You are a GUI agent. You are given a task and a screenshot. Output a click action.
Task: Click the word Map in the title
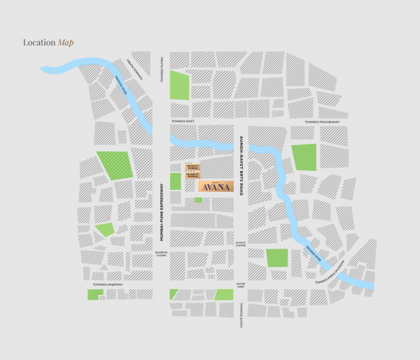coord(66,43)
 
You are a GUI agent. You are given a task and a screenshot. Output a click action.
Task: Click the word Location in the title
coord(39,43)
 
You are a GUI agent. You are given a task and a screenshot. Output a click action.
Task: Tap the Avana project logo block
coord(211,187)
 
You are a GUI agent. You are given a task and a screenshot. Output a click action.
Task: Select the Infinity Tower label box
coord(193,167)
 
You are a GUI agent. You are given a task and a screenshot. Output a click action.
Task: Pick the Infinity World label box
coord(193,176)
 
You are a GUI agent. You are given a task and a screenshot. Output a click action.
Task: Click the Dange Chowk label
coord(240,244)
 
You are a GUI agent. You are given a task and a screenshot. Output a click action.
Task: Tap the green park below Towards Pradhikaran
coord(304,157)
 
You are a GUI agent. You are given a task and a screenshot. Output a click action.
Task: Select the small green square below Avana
coord(198,200)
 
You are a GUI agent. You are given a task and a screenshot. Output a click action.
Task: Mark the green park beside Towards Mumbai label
coord(179,84)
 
